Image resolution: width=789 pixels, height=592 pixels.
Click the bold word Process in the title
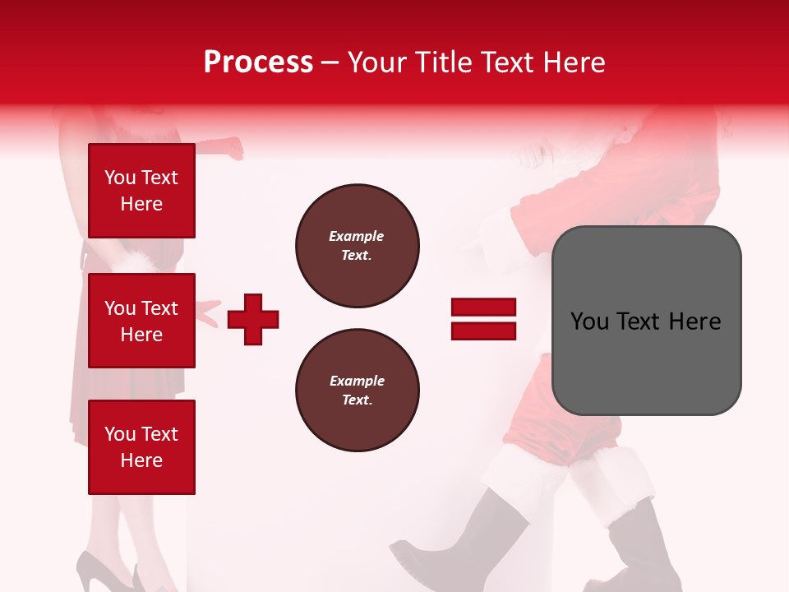258,62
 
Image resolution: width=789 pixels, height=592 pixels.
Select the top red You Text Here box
141,191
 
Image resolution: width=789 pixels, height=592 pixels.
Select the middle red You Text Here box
141,321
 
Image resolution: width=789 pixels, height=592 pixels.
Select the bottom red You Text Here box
141,446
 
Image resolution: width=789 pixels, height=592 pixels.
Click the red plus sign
253,319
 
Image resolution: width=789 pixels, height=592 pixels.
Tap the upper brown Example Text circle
357,246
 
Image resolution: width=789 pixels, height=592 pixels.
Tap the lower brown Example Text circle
357,391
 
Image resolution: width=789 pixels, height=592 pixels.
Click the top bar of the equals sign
483,308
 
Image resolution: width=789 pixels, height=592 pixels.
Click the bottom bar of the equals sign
483,331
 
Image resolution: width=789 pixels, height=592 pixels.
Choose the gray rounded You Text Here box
646,321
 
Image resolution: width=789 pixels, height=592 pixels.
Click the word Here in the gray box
694,321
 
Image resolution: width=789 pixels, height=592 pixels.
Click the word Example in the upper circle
357,236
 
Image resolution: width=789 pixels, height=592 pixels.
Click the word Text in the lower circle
357,400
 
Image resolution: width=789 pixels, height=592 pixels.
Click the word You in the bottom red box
120,434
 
